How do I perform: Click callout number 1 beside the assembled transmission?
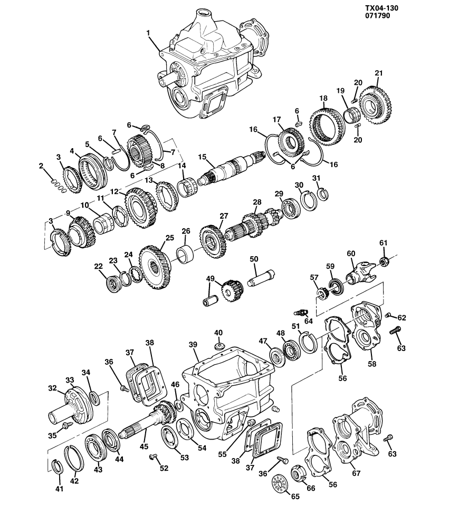point(149,33)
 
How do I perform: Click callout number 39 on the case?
point(193,344)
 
